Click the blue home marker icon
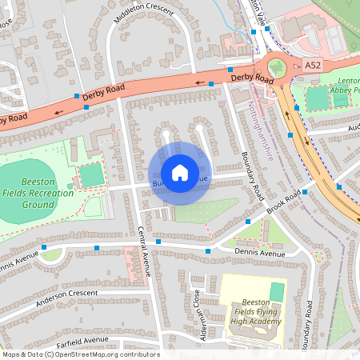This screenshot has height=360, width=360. pos(179,172)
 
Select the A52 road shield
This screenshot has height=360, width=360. pos(313,64)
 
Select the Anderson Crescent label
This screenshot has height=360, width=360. pos(66,295)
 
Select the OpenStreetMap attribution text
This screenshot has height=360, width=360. pos(80,354)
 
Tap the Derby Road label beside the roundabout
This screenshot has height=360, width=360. pos(252,79)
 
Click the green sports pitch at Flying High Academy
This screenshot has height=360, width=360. pos(278,292)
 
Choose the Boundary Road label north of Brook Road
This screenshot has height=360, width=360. pos(252,176)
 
